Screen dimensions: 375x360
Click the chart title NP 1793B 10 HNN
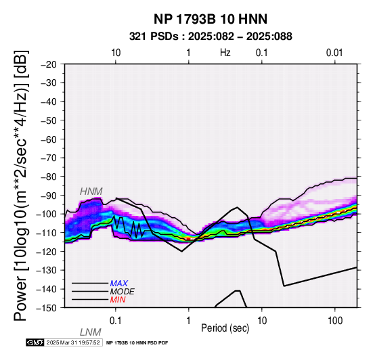point(211,19)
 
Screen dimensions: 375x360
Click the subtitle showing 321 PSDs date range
point(211,37)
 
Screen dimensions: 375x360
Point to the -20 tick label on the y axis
point(49,64)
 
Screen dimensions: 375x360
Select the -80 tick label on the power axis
point(49,177)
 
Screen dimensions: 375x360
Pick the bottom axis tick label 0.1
point(115,321)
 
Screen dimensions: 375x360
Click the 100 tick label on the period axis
point(335,321)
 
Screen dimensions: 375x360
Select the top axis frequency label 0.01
point(334,53)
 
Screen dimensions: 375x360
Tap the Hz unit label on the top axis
point(225,53)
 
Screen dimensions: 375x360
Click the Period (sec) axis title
point(225,328)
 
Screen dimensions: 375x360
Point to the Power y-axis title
point(21,185)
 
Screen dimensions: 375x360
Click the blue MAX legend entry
point(119,284)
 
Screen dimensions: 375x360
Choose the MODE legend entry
point(123,292)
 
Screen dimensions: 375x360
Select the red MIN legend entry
point(118,300)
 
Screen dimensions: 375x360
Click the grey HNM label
point(91,192)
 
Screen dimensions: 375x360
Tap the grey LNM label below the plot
point(91,332)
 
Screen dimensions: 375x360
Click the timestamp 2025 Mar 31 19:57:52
point(73,342)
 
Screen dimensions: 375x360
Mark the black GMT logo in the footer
point(35,342)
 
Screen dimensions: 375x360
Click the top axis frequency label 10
point(116,53)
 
